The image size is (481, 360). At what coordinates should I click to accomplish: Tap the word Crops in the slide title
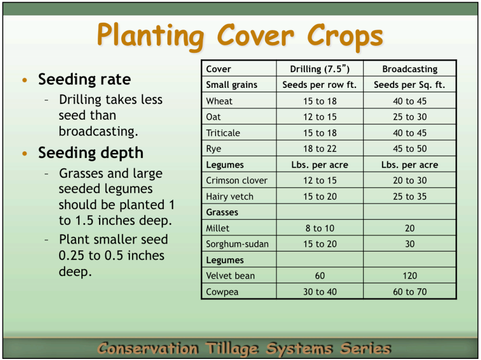point(345,36)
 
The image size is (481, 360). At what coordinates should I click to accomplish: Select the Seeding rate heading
point(84,80)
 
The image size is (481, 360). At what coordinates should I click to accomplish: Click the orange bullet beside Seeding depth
point(24,154)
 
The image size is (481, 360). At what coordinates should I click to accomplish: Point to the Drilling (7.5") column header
point(319,69)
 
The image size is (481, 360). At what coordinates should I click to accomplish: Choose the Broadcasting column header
point(409,69)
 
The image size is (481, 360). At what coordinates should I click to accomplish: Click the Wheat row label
point(219,101)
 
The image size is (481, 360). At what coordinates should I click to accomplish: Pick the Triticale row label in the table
point(223,133)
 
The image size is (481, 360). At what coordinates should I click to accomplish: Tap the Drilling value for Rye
point(319,149)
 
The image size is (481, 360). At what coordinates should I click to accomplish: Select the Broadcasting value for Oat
point(409,117)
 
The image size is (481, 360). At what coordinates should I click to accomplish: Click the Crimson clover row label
point(236,181)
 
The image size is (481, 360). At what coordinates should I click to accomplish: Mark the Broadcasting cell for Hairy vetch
point(409,197)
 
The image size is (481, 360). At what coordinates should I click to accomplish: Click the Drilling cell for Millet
point(319,229)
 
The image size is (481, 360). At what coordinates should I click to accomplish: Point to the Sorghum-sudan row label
point(237,244)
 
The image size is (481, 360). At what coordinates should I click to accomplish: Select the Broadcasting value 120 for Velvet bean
point(409,276)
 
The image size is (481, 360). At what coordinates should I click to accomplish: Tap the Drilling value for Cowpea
point(319,292)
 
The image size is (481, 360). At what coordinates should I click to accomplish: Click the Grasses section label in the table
point(222,212)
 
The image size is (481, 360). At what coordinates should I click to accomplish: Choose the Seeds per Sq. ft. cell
point(409,85)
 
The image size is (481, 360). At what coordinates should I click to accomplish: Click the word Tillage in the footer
point(241,348)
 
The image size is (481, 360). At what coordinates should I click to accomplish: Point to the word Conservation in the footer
point(148,348)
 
